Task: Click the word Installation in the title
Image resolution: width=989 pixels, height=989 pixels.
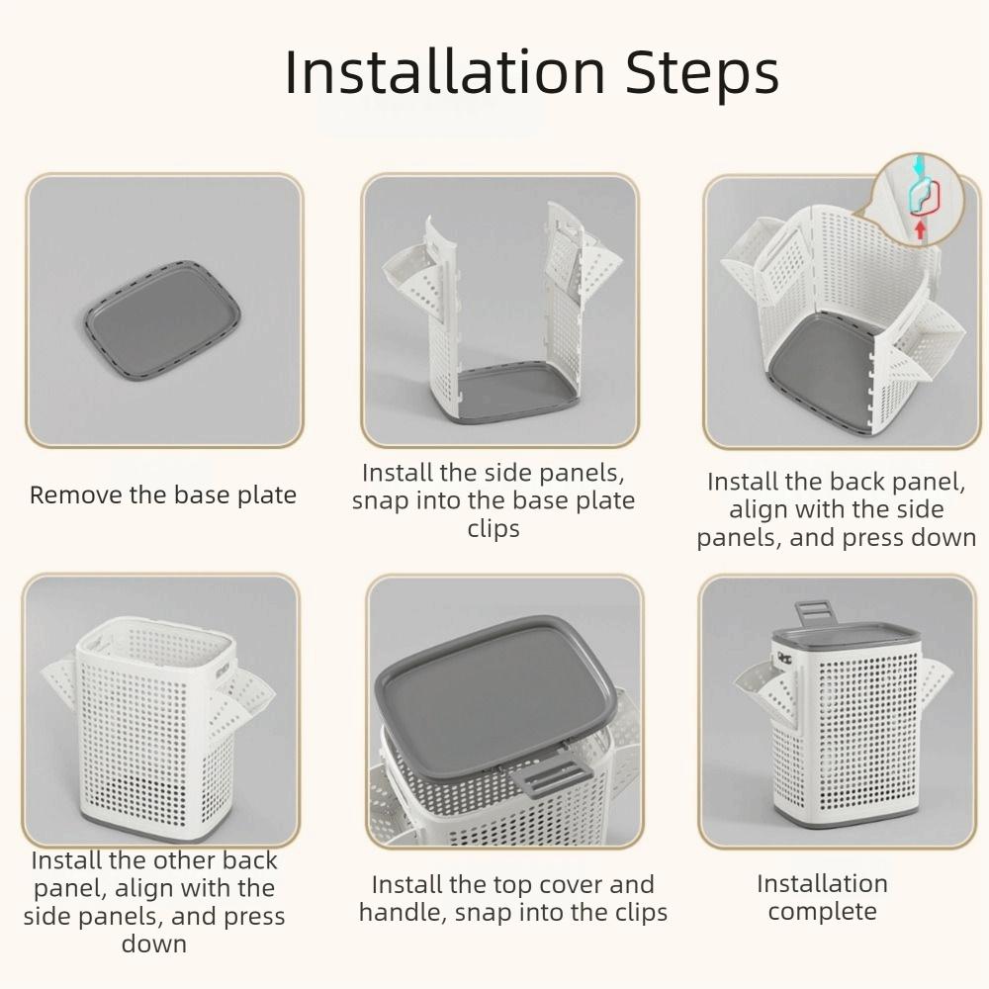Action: pos(446,72)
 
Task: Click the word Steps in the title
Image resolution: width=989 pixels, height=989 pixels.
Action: pos(703,72)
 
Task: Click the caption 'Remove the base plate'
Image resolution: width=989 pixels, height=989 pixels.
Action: pos(163,495)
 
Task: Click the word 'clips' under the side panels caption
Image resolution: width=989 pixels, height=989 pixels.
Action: pos(494,529)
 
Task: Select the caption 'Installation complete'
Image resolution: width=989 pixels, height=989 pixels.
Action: pos(822,897)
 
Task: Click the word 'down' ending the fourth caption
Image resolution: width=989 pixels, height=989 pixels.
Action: pos(154,944)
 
